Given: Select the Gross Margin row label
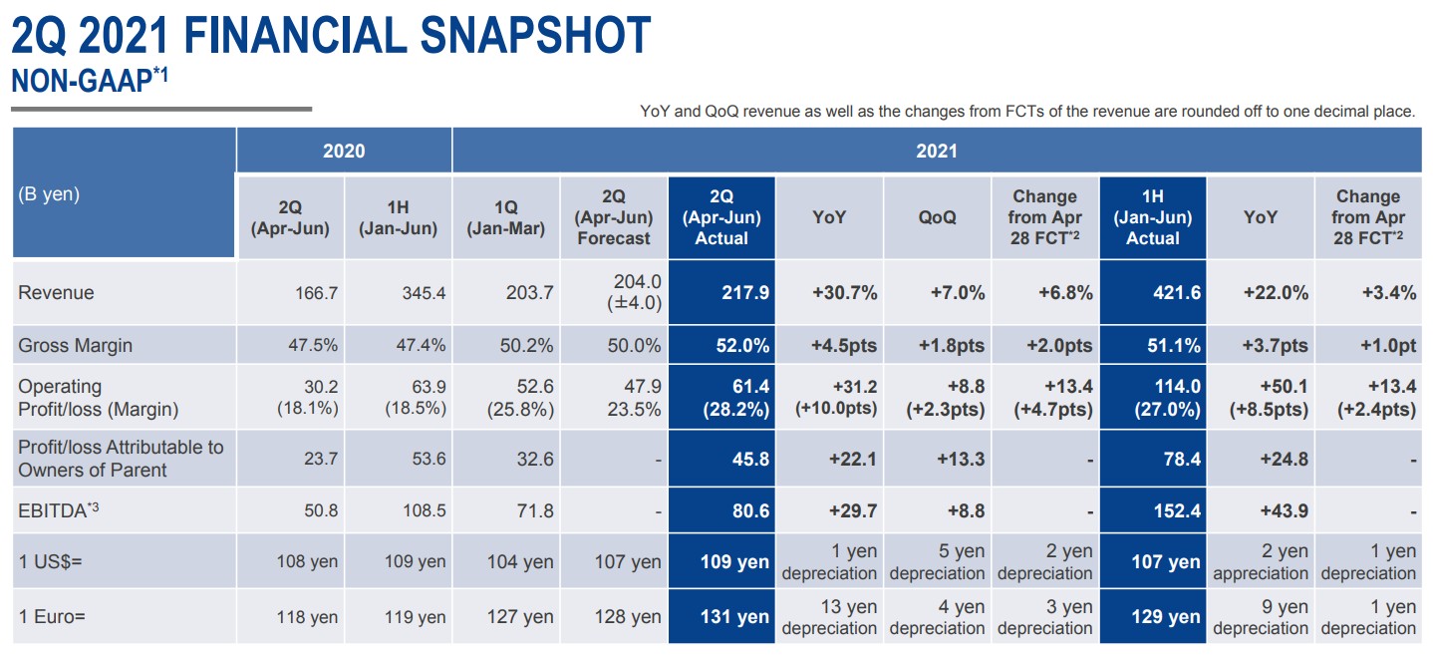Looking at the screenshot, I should click(75, 346).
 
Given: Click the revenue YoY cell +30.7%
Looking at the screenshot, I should click(844, 293).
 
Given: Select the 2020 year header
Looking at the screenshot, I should click(344, 152).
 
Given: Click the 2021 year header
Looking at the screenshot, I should click(937, 152).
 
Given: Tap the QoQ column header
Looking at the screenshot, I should click(938, 217).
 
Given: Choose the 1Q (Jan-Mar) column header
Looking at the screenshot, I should click(506, 217).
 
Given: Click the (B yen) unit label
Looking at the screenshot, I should click(48, 194).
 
